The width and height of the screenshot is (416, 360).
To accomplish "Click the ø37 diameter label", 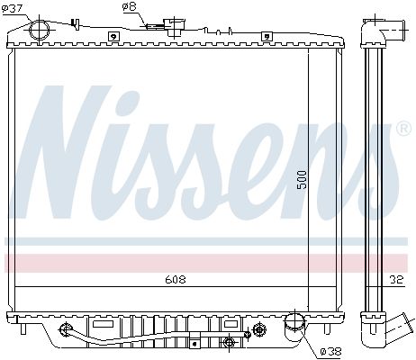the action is coord(12,8).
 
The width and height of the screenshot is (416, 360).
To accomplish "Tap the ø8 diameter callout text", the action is coord(130,7).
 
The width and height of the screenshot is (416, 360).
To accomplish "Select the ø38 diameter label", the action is coord(330,351).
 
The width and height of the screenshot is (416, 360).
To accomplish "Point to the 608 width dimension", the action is coord(176,280).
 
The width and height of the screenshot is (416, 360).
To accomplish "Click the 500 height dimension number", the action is coord(303,180).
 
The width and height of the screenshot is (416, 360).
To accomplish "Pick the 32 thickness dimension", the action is coord(396,280).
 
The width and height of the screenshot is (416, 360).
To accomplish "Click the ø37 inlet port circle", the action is coord(40,30).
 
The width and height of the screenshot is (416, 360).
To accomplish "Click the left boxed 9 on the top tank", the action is coord(113,37).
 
